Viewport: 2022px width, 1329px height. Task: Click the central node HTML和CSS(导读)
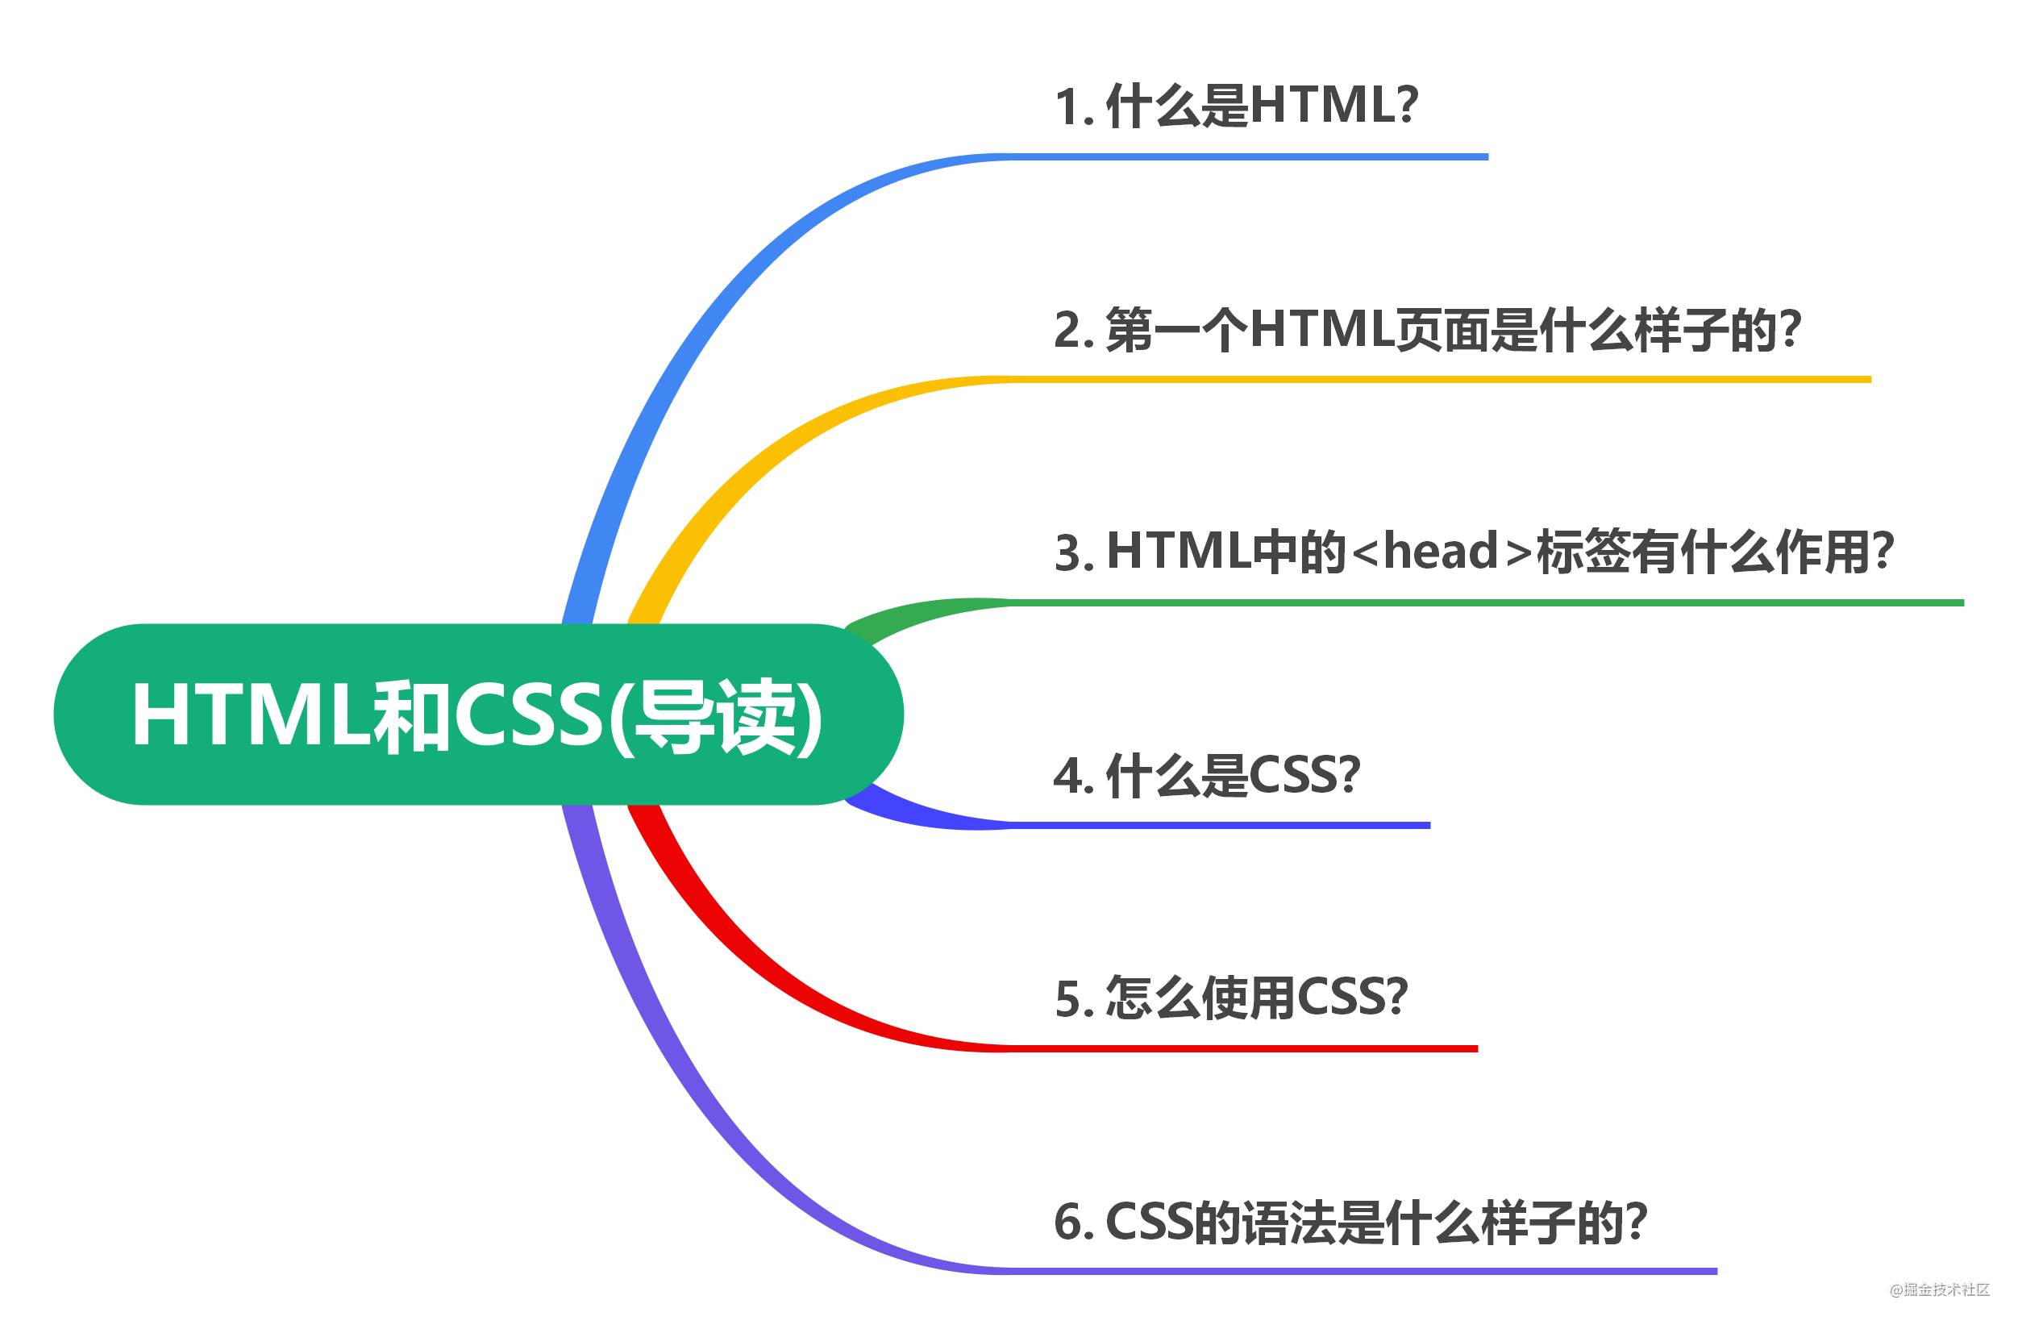(477, 714)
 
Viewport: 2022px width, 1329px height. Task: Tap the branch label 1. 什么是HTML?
(1235, 106)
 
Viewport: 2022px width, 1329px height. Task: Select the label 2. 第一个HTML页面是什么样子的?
(1426, 330)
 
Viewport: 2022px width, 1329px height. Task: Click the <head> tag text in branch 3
(1441, 552)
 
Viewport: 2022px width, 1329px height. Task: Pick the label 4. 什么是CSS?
(1206, 775)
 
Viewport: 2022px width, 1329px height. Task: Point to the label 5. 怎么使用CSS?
(1231, 998)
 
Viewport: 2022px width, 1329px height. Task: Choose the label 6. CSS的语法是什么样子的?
(1350, 1222)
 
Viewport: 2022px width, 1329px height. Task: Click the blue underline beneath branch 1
(1249, 157)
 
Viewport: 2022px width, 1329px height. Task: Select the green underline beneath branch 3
(1487, 602)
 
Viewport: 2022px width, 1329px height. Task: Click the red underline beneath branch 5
(1241, 1048)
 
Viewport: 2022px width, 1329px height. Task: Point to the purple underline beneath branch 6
(1359, 1271)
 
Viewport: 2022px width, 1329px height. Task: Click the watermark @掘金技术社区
(1939, 1290)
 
